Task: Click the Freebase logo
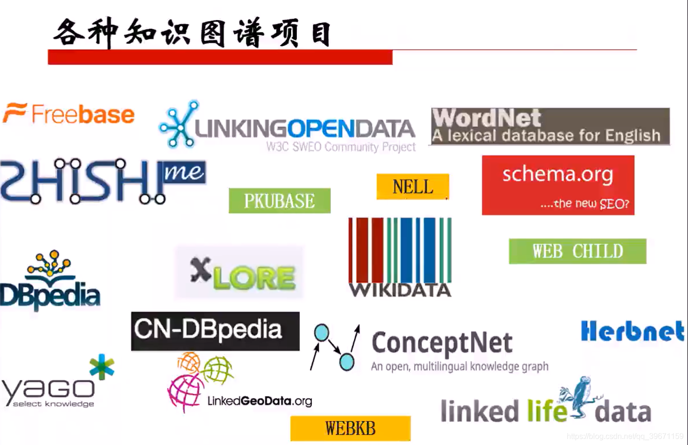pyautogui.click(x=70, y=115)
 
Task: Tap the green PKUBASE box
pyautogui.click(x=280, y=201)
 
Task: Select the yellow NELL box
pyautogui.click(x=413, y=187)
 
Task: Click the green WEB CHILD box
pyautogui.click(x=577, y=251)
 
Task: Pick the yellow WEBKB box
pyautogui.click(x=350, y=428)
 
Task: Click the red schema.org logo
pyautogui.click(x=558, y=185)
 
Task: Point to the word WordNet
pyautogui.click(x=487, y=118)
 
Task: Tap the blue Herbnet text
pyautogui.click(x=632, y=331)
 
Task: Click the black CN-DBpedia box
pyautogui.click(x=215, y=331)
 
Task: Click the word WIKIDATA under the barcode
pyautogui.click(x=400, y=290)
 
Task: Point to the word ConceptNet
pyautogui.click(x=442, y=343)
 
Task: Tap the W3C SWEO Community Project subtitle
pyautogui.click(x=341, y=147)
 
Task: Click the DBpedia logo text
pyautogui.click(x=50, y=295)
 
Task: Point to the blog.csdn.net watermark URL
pyautogui.click(x=625, y=436)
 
